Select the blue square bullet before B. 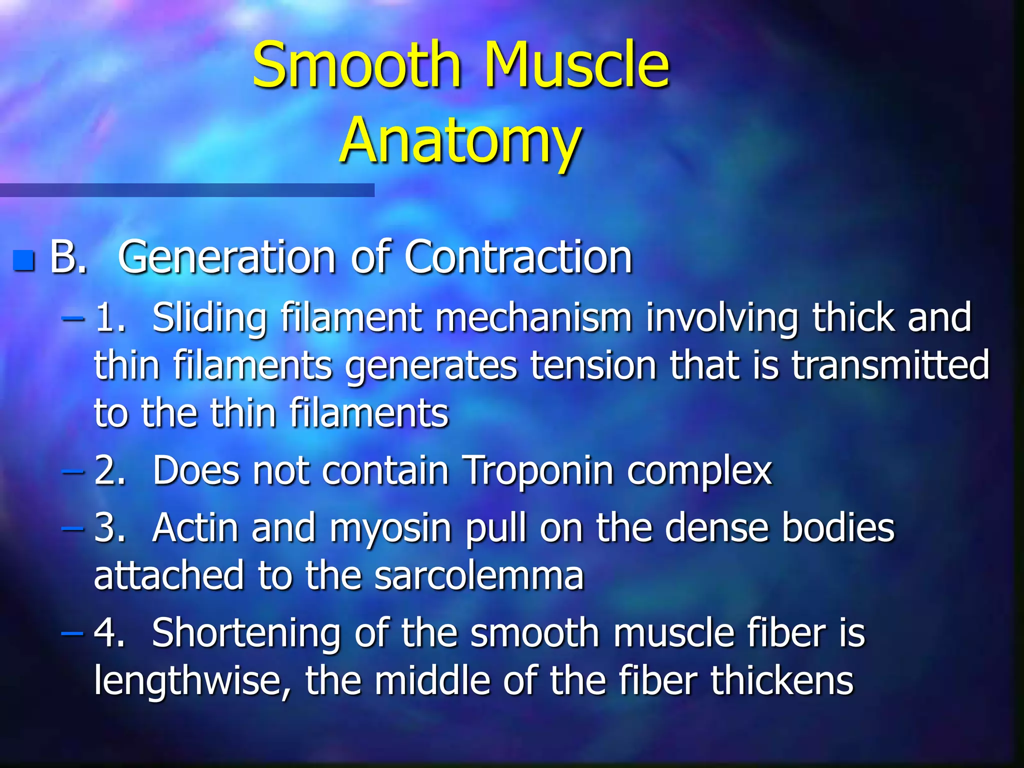(x=24, y=260)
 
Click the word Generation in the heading (x=226, y=257)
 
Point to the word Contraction (x=518, y=257)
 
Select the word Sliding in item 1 (x=209, y=318)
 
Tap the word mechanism (x=533, y=318)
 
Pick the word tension (x=593, y=365)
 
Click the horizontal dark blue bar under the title (x=187, y=190)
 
